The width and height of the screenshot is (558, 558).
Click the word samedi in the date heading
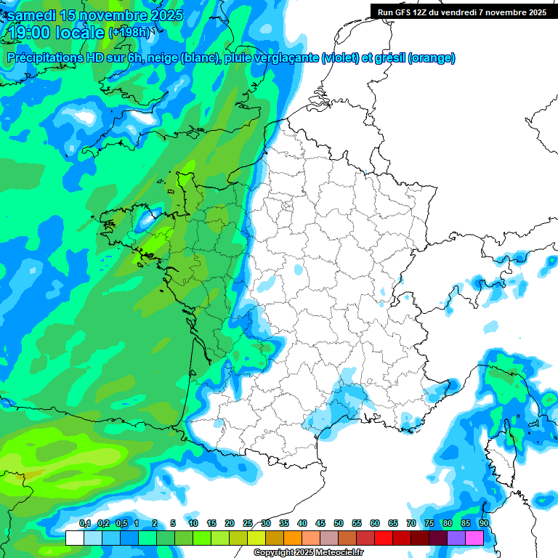coord(34,15)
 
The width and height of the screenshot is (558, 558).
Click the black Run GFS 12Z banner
coord(463,12)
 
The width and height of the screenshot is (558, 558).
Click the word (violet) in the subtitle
coord(341,57)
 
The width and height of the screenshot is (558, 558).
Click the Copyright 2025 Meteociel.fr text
coord(309,553)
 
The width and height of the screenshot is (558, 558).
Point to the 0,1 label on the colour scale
coord(85,524)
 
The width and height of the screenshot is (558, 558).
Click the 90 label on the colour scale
coord(484,524)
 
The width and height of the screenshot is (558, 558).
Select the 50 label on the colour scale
coord(339,524)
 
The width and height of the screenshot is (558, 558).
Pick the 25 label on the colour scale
coord(248,524)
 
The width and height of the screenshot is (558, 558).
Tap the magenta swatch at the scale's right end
coord(474,538)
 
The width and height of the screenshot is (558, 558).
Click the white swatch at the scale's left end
coord(75,538)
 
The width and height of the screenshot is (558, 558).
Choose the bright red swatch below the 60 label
coord(384,538)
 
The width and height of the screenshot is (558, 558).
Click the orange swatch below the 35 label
coord(293,538)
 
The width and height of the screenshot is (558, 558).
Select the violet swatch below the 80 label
coord(456,538)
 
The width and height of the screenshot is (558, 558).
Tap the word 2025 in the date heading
coord(163,15)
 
